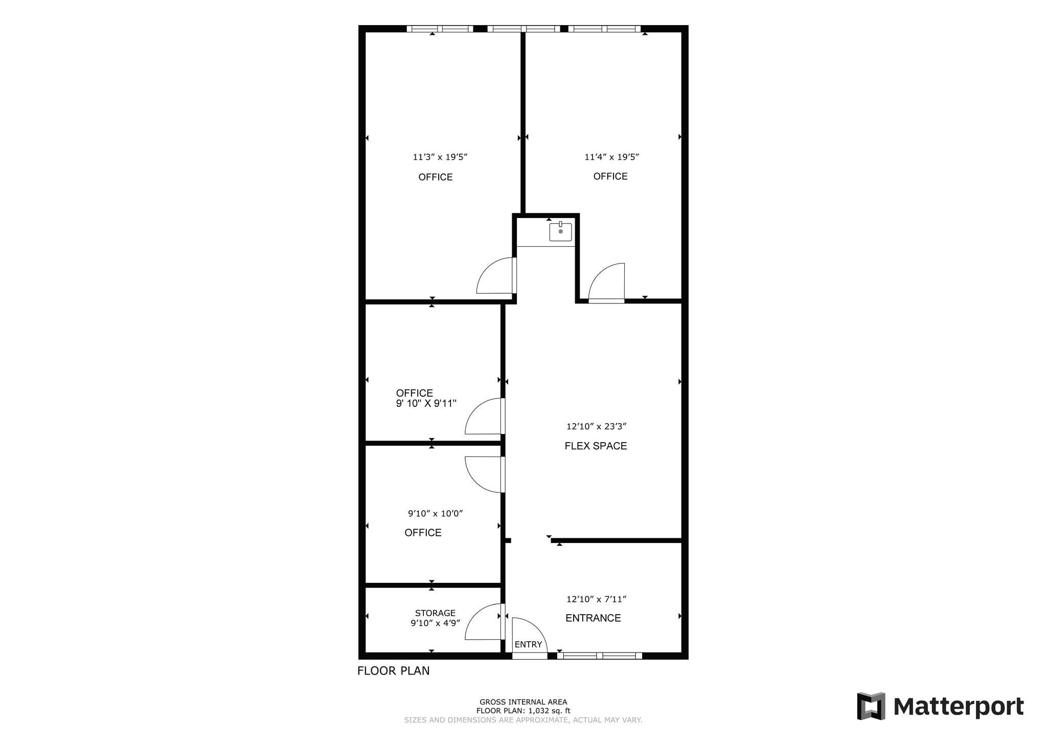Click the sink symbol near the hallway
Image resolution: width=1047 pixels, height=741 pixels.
(560, 232)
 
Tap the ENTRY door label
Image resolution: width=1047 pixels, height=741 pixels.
(528, 644)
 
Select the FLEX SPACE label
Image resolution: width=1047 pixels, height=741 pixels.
(596, 446)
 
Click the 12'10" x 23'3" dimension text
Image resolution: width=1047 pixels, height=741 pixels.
(596, 426)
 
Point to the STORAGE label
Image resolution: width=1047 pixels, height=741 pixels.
(435, 613)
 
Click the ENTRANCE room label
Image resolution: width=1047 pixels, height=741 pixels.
(593, 618)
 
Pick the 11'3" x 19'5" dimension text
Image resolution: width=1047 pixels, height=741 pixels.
(440, 157)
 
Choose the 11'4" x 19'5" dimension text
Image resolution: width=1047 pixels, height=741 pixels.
(612, 157)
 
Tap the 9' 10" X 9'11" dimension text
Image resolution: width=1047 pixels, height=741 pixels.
(426, 403)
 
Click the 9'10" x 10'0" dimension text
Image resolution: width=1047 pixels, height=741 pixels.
(435, 513)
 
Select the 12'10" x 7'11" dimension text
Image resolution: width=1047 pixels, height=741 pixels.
(596, 599)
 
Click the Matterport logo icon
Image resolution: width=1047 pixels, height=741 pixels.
(871, 706)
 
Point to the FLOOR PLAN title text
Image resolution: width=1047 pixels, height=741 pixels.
(393, 670)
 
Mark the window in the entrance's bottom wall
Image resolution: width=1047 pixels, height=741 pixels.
(599, 656)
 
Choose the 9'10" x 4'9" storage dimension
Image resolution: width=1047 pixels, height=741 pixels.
(435, 623)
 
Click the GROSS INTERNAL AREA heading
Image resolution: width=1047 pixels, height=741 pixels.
(523, 702)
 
